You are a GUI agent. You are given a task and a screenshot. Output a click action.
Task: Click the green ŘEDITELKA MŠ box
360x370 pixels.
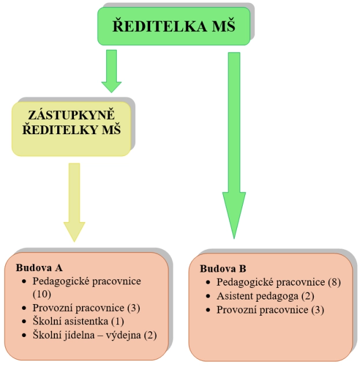pyautogui.click(x=173, y=26)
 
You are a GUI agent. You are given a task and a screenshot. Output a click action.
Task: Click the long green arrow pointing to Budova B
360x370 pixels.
pyautogui.click(x=233, y=145)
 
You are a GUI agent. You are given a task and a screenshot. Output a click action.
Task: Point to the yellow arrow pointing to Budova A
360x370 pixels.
pyautogui.click(x=74, y=202)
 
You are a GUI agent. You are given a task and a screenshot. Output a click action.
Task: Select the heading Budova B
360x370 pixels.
pyautogui.click(x=223, y=269)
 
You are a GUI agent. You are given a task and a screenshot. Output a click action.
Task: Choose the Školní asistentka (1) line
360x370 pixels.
pyautogui.click(x=79, y=321)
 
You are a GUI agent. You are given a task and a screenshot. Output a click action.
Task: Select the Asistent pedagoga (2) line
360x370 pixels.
pyautogui.click(x=265, y=296)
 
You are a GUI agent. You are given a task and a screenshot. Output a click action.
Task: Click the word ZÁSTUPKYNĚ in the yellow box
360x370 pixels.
pyautogui.click(x=72, y=115)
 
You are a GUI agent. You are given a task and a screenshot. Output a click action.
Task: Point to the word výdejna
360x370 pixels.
pyautogui.click(x=124, y=335)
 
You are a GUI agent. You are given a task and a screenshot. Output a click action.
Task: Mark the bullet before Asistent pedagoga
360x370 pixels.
pyautogui.click(x=209, y=297)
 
